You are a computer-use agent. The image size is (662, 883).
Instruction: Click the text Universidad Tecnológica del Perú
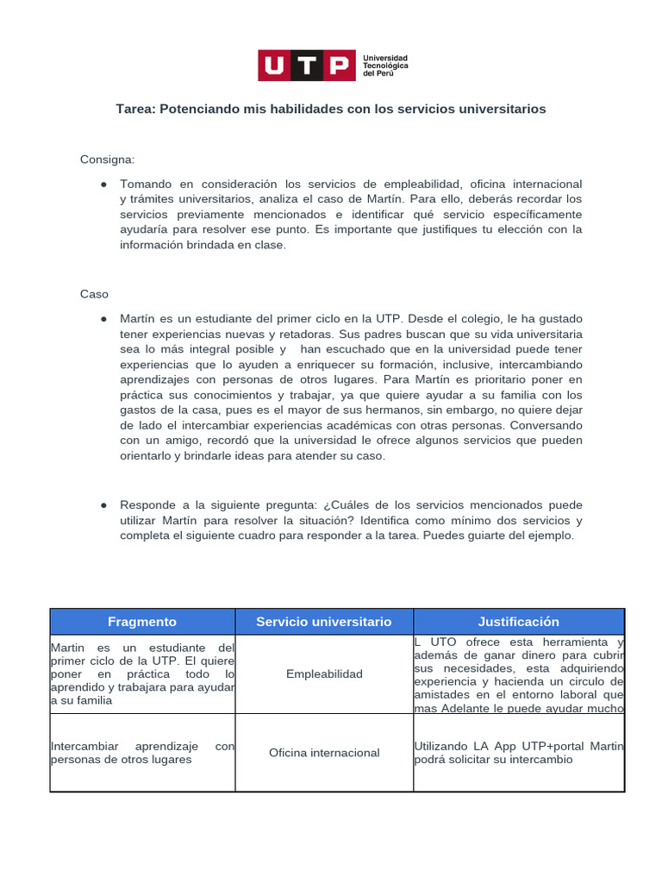[385, 66]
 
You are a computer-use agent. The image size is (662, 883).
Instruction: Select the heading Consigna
[108, 160]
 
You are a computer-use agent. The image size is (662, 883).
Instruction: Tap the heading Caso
[94, 294]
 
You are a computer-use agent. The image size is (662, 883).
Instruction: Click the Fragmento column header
[142, 622]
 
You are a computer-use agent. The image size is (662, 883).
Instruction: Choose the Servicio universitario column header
[324, 622]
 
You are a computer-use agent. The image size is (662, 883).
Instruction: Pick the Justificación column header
[519, 622]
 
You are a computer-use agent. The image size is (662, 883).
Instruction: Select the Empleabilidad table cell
[324, 673]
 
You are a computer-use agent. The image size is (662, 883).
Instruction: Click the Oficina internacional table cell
[324, 753]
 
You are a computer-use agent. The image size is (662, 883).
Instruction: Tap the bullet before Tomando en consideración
[103, 185]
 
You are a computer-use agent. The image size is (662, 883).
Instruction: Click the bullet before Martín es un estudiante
[103, 319]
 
